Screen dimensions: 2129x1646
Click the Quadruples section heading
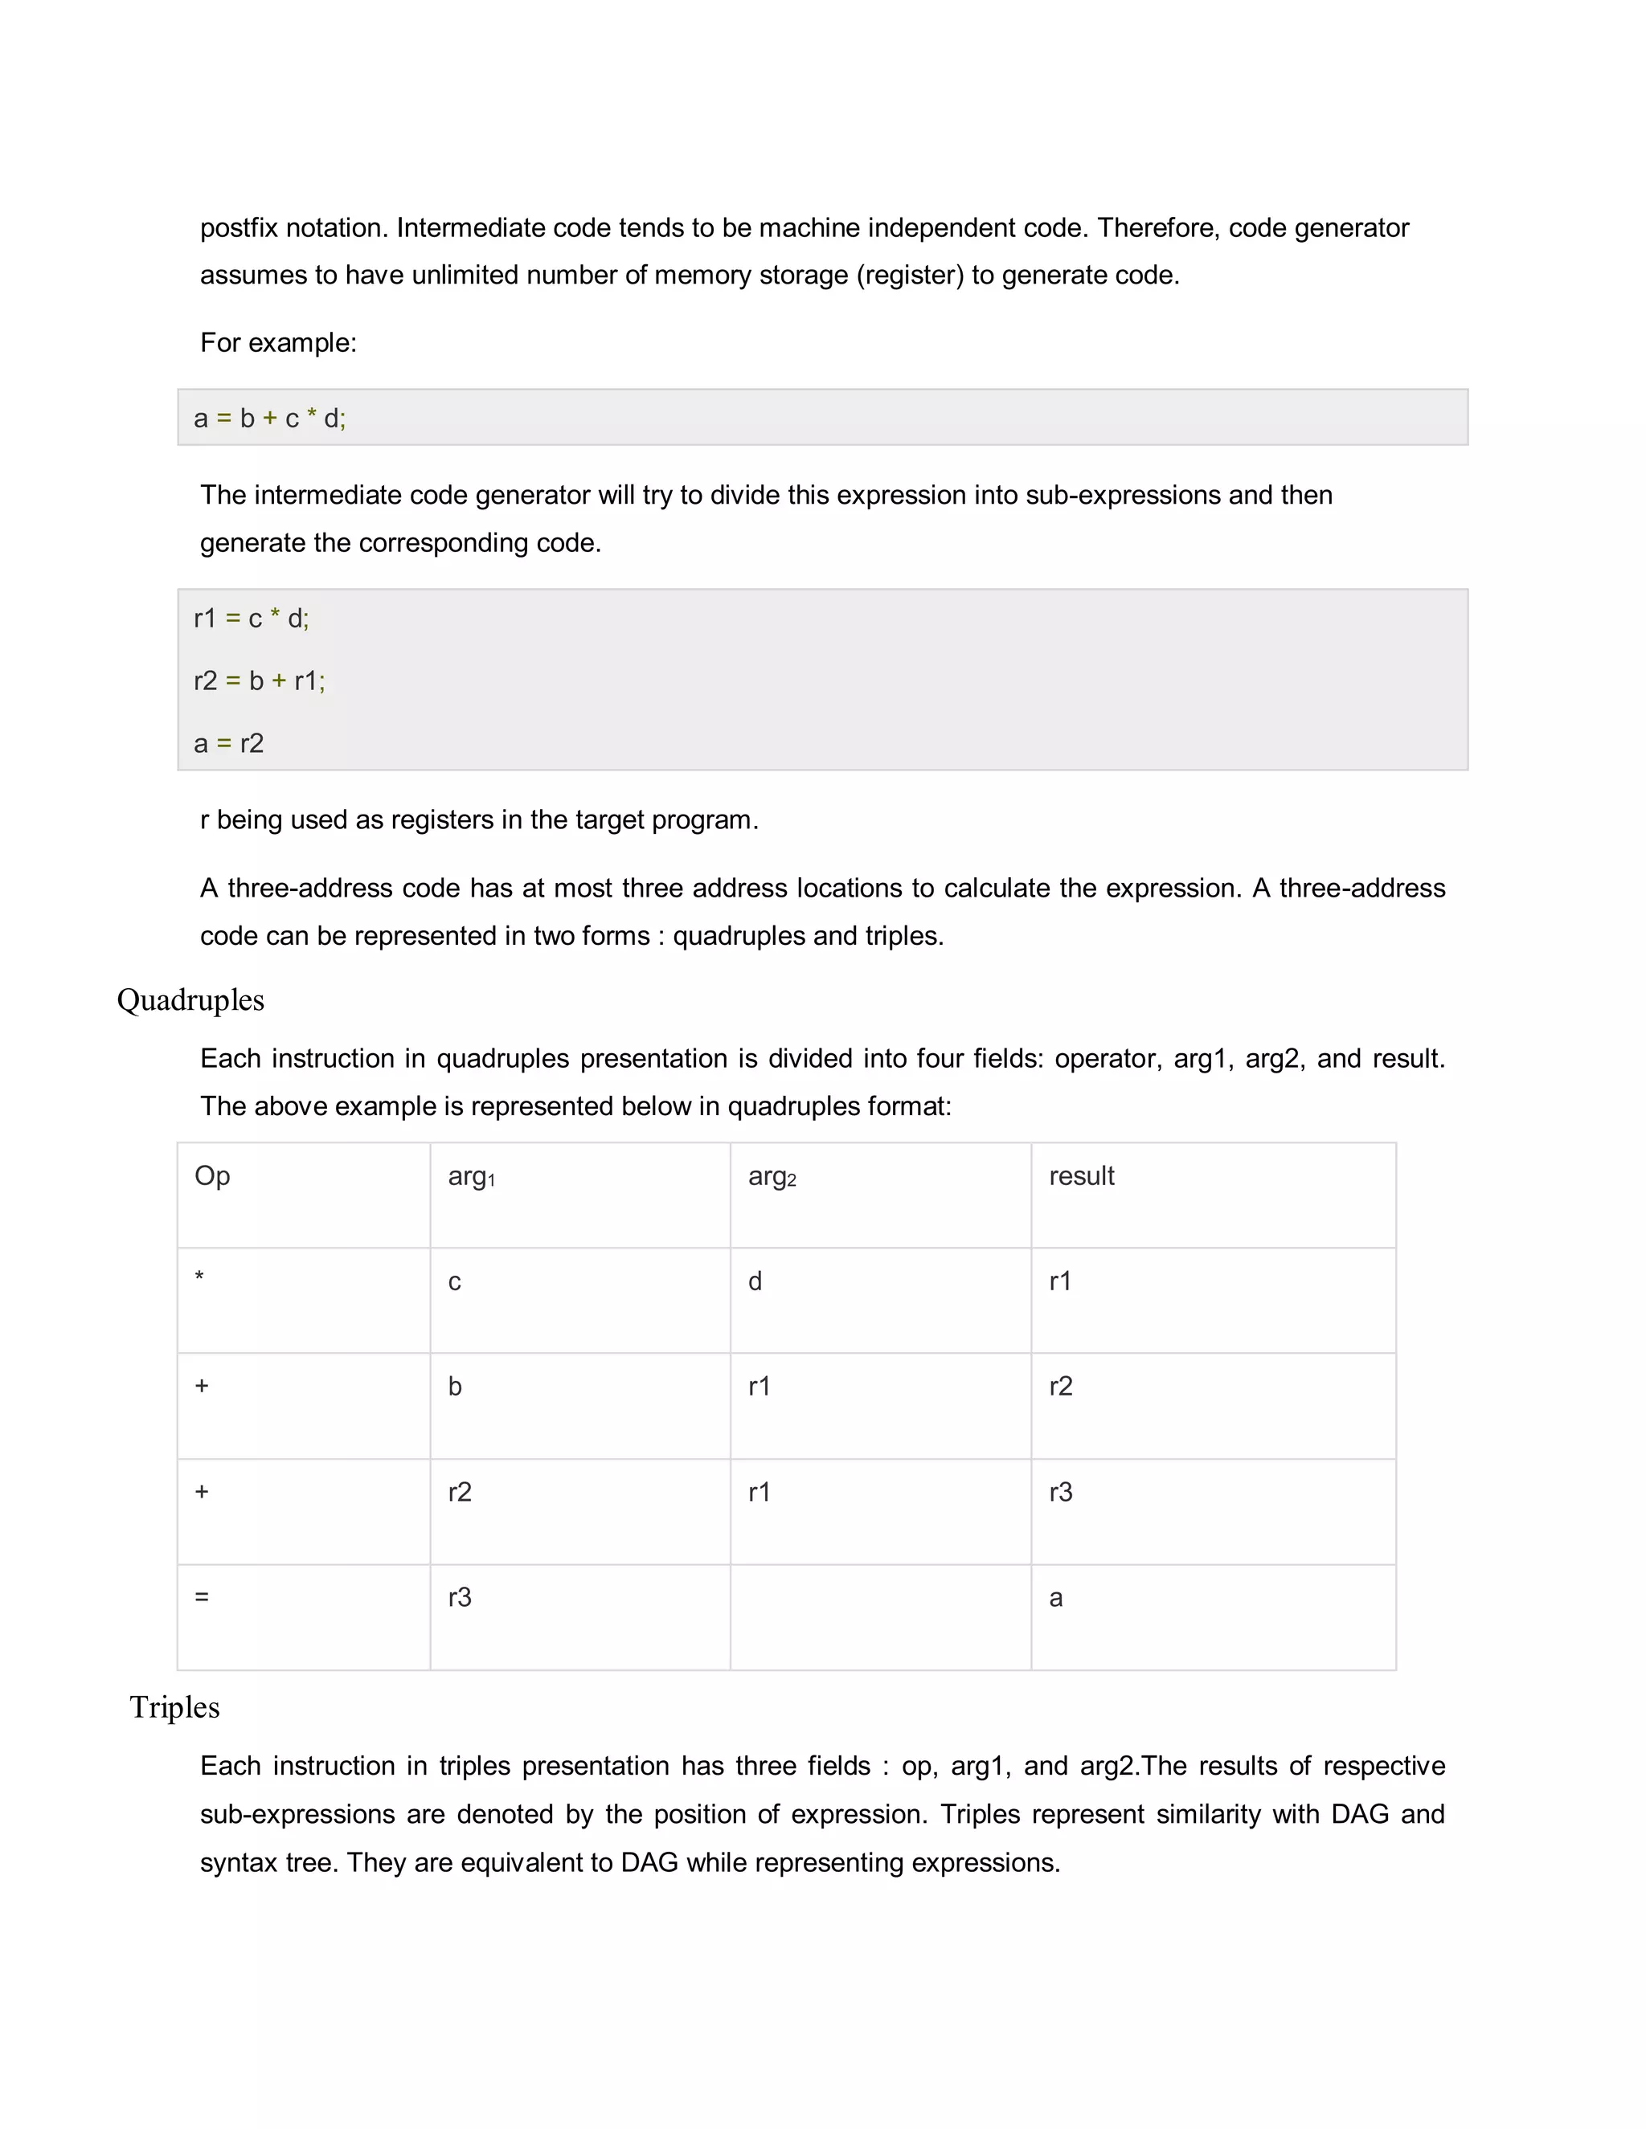pyautogui.click(x=190, y=1000)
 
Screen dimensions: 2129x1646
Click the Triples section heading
pyautogui.click(x=174, y=1707)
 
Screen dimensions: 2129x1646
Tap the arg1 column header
pyautogui.click(x=471, y=1177)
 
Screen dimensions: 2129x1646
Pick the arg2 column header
pyautogui.click(x=772, y=1177)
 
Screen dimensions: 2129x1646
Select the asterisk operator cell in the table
pyautogui.click(x=200, y=1278)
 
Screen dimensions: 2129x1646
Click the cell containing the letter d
pyautogui.click(x=755, y=1281)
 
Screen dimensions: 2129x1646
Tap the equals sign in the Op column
pyautogui.click(x=202, y=1597)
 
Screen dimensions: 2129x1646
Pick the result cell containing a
pyautogui.click(x=1055, y=1598)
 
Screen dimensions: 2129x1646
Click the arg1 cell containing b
pyautogui.click(x=454, y=1386)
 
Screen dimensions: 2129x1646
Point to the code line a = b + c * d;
pyautogui.click(x=270, y=419)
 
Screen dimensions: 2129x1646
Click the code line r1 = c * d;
pyautogui.click(x=252, y=618)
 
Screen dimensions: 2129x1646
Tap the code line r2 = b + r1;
pyautogui.click(x=260, y=680)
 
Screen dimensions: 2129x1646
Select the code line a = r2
pyautogui.click(x=229, y=744)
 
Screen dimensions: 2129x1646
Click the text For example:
pyautogui.click(x=278, y=342)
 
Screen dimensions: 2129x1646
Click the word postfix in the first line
pyautogui.click(x=239, y=228)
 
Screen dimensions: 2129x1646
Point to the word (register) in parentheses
pyautogui.click(x=910, y=275)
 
